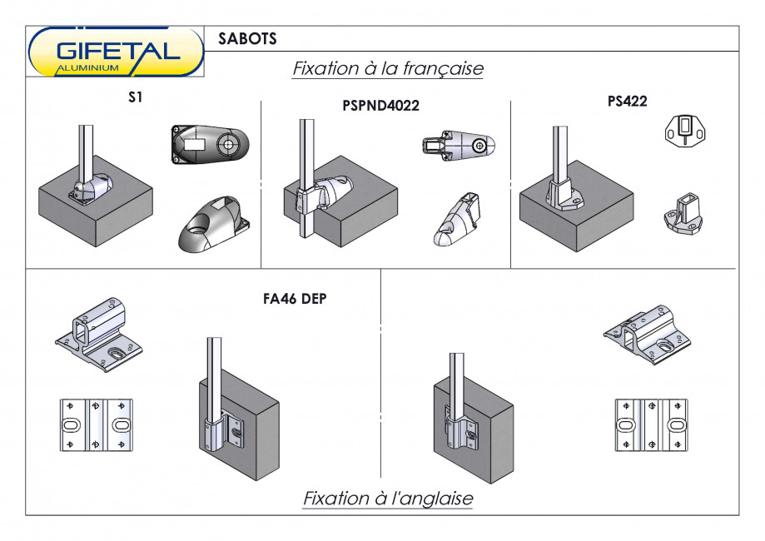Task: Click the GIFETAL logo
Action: (116, 52)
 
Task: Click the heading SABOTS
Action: (247, 39)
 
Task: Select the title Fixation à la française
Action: (387, 68)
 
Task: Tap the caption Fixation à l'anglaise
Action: (387, 499)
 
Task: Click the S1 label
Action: (136, 97)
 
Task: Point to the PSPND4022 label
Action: (380, 106)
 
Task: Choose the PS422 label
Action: (627, 101)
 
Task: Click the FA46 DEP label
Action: (288, 300)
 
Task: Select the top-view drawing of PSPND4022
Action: (459, 146)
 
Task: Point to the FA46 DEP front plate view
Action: (96, 424)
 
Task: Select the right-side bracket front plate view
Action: (652, 424)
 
